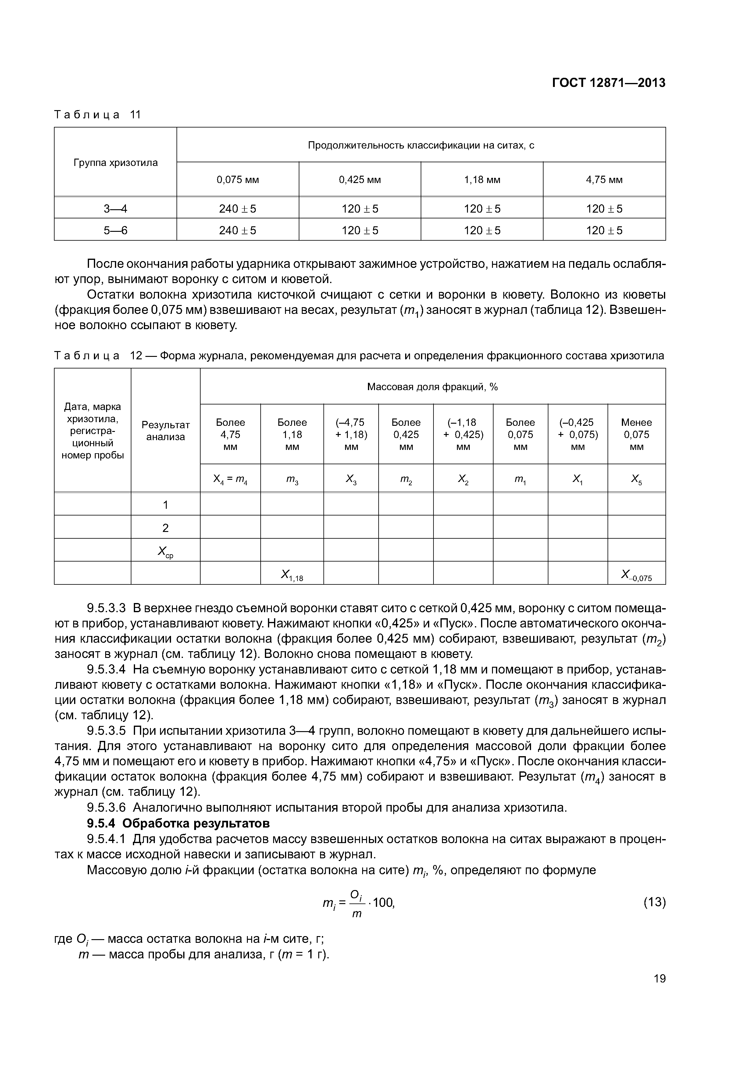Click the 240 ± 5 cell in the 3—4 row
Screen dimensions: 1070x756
[237, 209]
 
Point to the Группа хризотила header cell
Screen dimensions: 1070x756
[116, 163]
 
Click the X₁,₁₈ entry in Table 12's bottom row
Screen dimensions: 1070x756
[292, 576]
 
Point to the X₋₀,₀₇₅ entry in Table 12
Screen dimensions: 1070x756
[636, 576]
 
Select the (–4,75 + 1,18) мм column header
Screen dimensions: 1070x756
[351, 434]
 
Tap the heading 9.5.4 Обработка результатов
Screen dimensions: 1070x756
[178, 824]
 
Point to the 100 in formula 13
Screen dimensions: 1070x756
[384, 903]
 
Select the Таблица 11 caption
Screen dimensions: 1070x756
[97, 115]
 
